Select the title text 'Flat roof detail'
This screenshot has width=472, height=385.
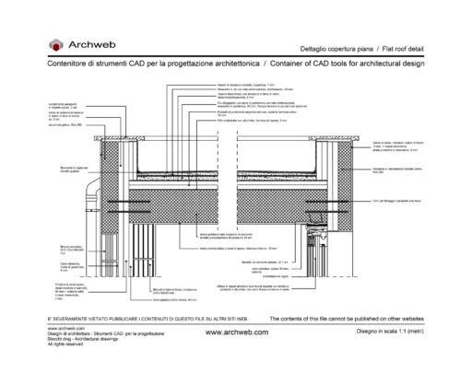click(405, 47)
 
